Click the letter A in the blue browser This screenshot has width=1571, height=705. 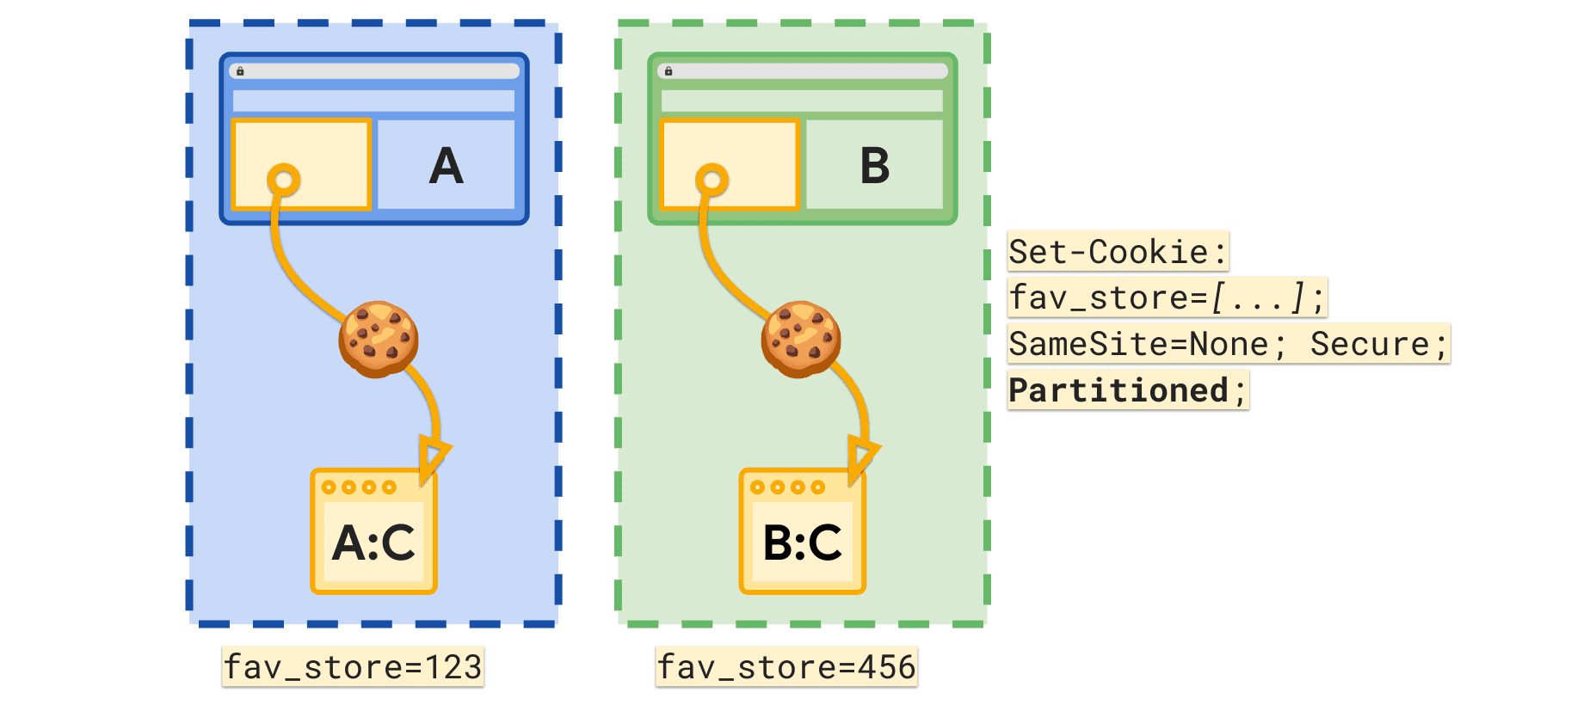pyautogui.click(x=446, y=166)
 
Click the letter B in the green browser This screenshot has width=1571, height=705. pyautogui.click(x=874, y=166)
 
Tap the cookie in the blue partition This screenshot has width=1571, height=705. pyautogui.click(x=379, y=339)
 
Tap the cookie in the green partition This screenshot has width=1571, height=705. pyautogui.click(x=801, y=339)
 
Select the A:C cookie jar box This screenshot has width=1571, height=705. pyautogui.click(x=374, y=532)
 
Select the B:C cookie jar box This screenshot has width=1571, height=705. pyautogui.click(x=803, y=532)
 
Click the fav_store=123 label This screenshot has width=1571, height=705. pyautogui.click(x=353, y=667)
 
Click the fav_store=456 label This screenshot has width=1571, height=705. pyautogui.click(x=786, y=667)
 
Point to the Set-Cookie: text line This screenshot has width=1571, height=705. pyautogui.click(x=1118, y=252)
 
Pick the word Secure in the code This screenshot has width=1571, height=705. pyautogui.click(x=1369, y=344)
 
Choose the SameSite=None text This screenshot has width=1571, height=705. pyautogui.click(x=1138, y=344)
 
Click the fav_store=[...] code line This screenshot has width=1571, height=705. pyautogui.click(x=1166, y=297)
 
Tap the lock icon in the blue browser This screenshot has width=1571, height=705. pyautogui.click(x=240, y=71)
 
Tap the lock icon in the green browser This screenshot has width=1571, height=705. pyautogui.click(x=668, y=71)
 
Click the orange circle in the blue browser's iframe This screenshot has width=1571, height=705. pyautogui.click(x=283, y=181)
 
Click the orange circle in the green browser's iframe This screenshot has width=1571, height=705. pyautogui.click(x=712, y=181)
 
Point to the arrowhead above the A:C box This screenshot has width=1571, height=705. pyautogui.click(x=433, y=456)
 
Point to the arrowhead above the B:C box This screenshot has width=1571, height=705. pyautogui.click(x=861, y=456)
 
